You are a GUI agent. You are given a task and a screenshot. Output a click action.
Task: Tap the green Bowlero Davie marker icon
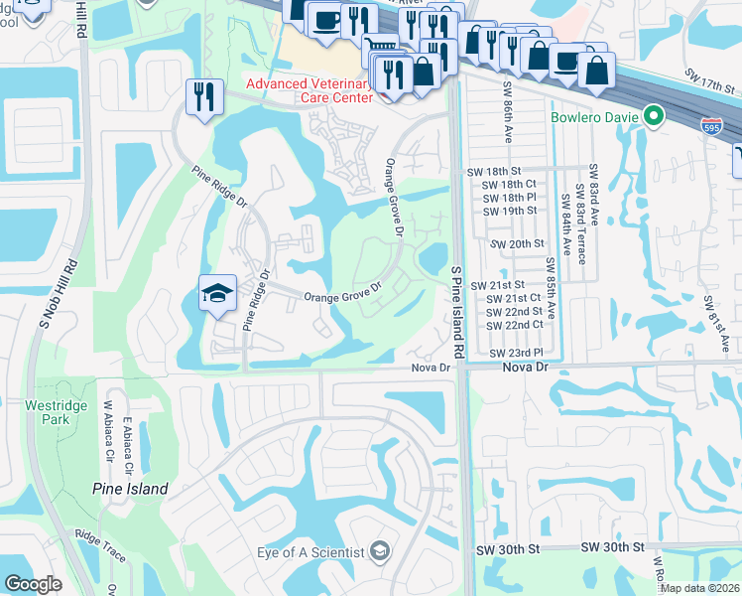point(653,117)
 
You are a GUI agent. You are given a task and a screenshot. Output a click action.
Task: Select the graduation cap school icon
point(217,293)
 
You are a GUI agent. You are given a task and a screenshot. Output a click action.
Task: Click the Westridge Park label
point(32,412)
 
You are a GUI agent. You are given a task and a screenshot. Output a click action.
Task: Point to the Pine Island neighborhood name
point(130,489)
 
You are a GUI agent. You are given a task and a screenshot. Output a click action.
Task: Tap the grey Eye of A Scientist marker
point(379,552)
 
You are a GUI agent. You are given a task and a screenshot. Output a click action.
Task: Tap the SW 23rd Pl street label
point(517,354)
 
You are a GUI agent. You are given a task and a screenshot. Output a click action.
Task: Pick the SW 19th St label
point(510,212)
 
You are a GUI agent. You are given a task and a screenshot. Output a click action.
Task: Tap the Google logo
point(33,584)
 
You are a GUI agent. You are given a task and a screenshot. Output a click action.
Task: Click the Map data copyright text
point(700,588)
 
